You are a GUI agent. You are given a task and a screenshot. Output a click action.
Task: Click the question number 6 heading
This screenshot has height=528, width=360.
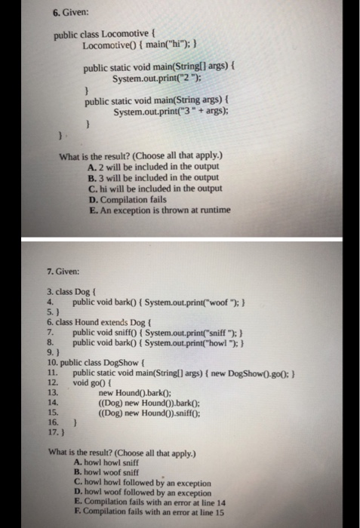pyautogui.click(x=71, y=13)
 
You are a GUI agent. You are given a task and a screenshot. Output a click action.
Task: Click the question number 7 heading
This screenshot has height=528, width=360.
pyautogui.click(x=63, y=269)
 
